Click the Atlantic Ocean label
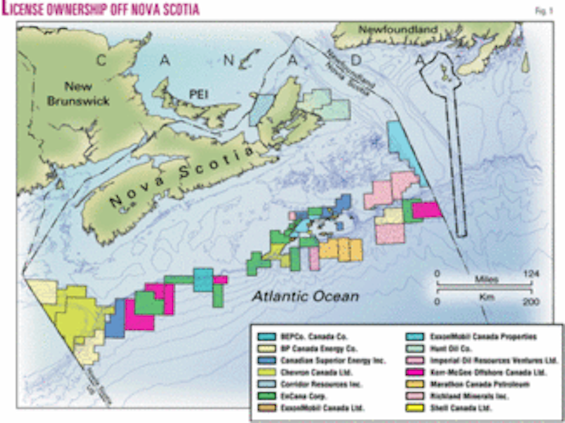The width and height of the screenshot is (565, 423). pos(306,296)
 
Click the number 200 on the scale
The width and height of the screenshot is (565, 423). pos(532,302)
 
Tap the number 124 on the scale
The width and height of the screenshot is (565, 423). pos(531,274)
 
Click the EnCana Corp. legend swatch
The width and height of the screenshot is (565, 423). pos(267,396)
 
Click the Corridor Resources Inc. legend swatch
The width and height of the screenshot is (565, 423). pos(267,384)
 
